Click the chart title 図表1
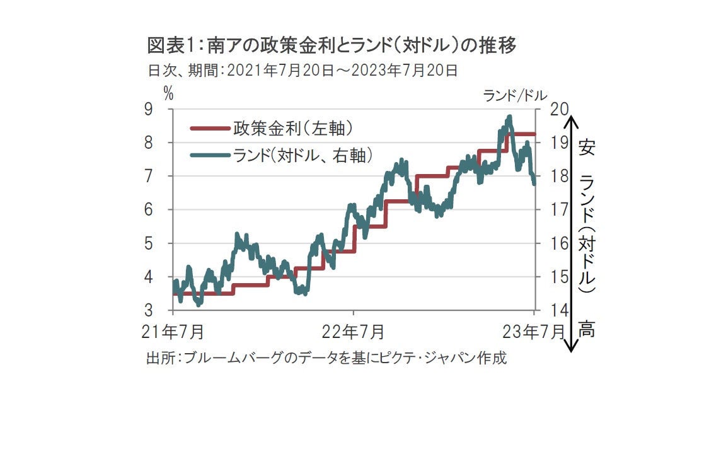pos(332,46)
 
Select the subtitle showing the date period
pos(302,70)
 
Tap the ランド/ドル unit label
pos(511,95)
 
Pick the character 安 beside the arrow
pos(587,149)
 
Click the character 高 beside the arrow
pos(587,329)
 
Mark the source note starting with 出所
pos(326,358)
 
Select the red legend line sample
pos(209,129)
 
